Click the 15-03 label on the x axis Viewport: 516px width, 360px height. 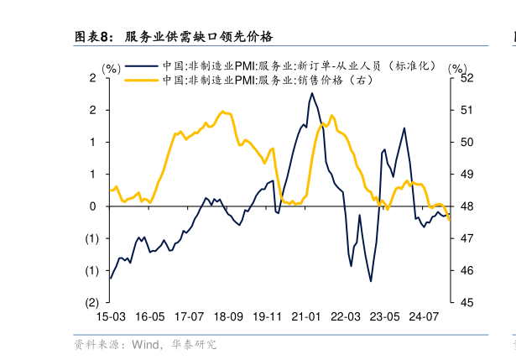(111, 317)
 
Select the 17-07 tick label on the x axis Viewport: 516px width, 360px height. (189, 317)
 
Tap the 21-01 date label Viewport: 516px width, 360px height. (306, 317)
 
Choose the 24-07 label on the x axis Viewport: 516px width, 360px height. (424, 317)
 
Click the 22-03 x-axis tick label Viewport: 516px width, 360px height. (346, 317)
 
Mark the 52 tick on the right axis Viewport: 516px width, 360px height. (468, 78)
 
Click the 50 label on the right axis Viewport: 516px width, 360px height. (468, 143)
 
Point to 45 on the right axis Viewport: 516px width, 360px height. (468, 303)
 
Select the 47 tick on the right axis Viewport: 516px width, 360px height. (468, 239)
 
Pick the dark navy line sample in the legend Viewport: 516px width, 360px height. (141, 65)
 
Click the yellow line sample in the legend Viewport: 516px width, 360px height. (141, 80)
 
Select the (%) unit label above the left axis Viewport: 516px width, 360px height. (112, 68)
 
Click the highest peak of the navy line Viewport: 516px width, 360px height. (312, 93)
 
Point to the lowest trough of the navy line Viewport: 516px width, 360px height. (370, 280)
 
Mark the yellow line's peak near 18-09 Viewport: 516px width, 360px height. (223, 111)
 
